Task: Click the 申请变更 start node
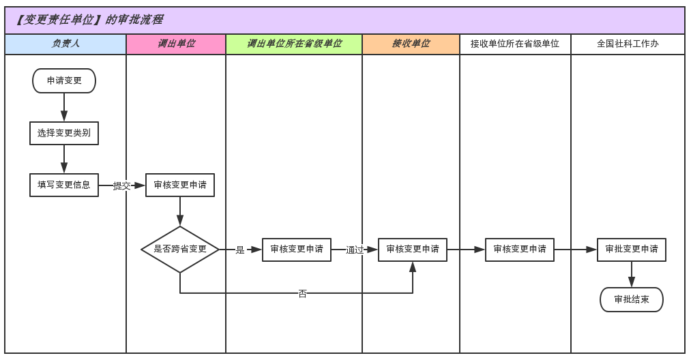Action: point(64,80)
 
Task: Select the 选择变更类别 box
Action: point(64,133)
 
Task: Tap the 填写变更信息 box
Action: point(64,185)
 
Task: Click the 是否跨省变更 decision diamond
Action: point(180,250)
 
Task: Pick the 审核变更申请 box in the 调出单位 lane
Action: point(180,185)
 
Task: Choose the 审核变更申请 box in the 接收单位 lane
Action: point(413,250)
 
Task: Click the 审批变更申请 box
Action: point(632,250)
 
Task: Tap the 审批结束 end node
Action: point(632,299)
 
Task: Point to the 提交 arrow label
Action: point(121,185)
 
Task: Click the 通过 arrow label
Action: point(355,250)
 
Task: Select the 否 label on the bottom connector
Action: point(302,294)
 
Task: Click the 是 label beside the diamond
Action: point(240,250)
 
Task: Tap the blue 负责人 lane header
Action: point(65,44)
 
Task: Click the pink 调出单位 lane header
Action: point(176,44)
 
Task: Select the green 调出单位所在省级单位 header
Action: point(294,44)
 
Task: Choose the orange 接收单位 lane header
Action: point(411,44)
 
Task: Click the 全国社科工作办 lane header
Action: point(628,44)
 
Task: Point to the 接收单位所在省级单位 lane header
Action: point(515,44)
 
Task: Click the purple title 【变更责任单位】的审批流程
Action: point(89,20)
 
